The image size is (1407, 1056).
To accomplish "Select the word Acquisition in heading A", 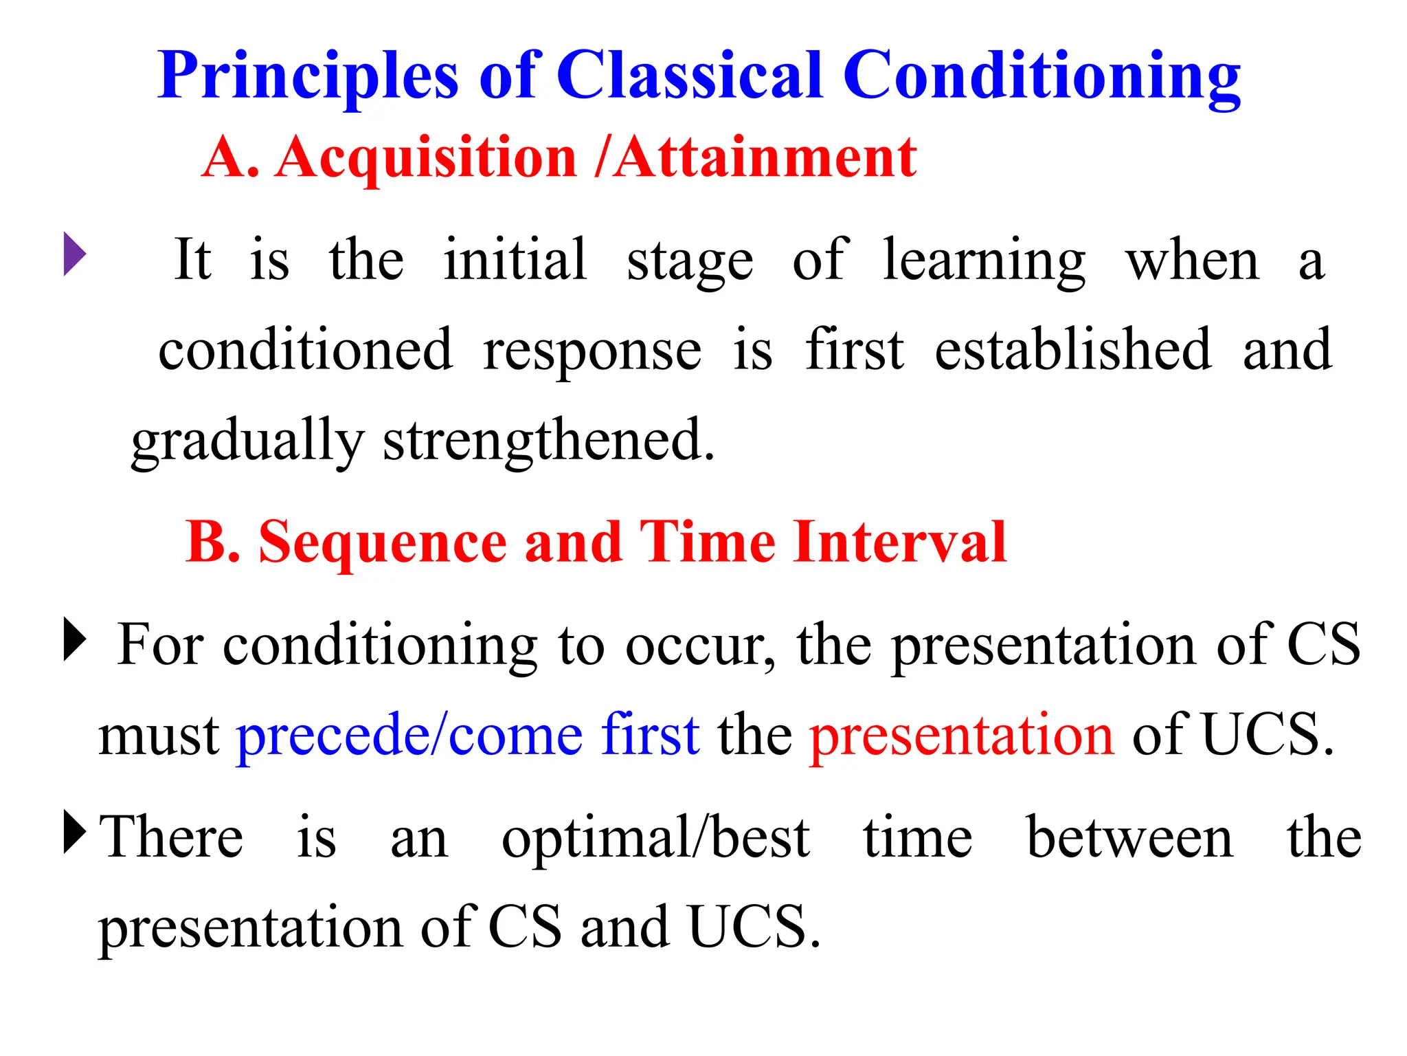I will coord(426,158).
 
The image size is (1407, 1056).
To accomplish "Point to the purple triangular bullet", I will coord(74,254).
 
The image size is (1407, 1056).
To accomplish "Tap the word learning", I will coord(983,261).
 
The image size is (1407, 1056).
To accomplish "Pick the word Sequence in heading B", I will coord(383,542).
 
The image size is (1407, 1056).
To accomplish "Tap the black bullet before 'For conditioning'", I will coord(74,639).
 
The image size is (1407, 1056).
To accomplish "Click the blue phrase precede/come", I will coord(409,735).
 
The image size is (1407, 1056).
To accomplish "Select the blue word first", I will coord(650,734).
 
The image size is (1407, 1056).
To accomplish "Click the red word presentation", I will coord(961,735).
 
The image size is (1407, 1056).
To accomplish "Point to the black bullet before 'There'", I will coord(74,832).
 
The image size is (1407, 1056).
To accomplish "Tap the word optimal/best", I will coord(655,838).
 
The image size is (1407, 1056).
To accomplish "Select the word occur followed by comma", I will coord(700,646).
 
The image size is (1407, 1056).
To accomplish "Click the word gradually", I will coord(247,441).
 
